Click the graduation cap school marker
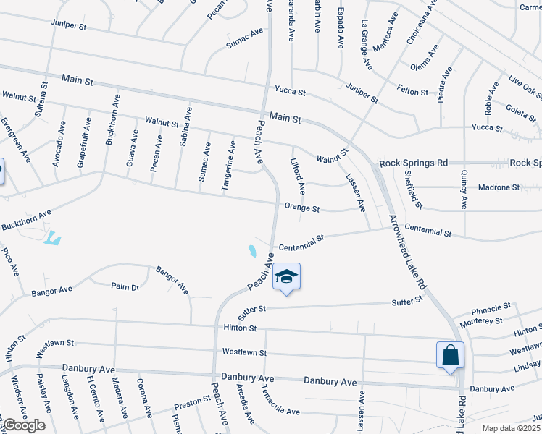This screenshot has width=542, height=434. tap(287, 277)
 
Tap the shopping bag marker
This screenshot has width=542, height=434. tap(450, 355)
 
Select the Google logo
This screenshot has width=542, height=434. tap(23, 425)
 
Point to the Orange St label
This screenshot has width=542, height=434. tap(302, 208)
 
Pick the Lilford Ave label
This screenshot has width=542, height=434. tap(298, 177)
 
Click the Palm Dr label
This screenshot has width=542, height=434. tap(125, 287)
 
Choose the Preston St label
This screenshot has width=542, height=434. tap(192, 402)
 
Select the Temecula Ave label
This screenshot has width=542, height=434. tap(280, 411)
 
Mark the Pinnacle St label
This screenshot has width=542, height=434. tap(492, 307)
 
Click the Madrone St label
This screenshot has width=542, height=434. tap(499, 187)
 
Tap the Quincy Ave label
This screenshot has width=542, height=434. tap(462, 190)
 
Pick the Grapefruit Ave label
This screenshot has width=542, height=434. tap(83, 150)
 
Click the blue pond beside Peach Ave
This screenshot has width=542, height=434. tap(252, 251)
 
